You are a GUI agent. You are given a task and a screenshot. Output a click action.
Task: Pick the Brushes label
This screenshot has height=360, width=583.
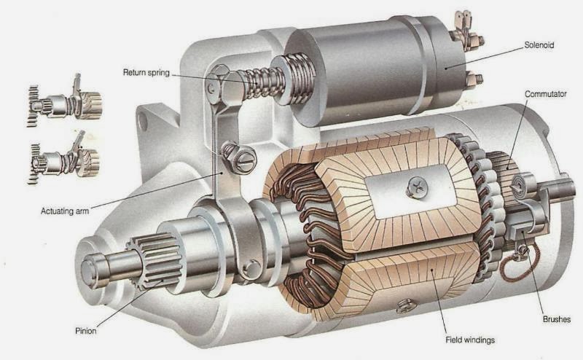tap(556, 319)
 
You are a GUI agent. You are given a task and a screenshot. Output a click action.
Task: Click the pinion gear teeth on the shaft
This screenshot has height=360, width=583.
tap(154, 258)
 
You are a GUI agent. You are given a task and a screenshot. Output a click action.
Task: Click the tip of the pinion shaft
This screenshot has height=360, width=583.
tap(92, 270)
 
